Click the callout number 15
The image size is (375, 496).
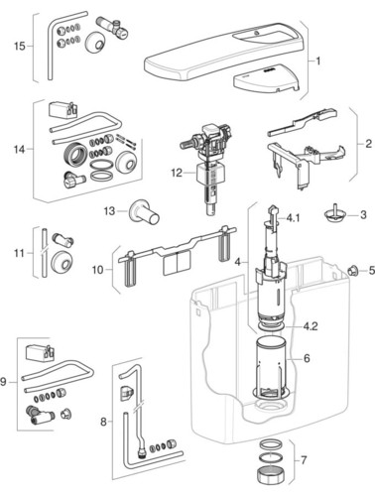point(20,46)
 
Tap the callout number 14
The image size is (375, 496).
point(19,150)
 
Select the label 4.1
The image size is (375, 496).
point(293,218)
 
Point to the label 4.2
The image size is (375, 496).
point(311,326)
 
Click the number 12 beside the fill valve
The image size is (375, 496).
point(177,173)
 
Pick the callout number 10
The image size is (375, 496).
point(97,270)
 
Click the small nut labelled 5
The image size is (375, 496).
point(353,271)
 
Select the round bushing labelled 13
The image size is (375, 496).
point(144,212)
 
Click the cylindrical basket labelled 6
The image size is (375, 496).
point(271,367)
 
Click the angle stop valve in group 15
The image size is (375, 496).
point(113,27)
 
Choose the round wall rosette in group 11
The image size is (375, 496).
point(62,265)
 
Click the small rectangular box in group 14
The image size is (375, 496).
point(62,110)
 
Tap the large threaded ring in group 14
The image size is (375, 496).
point(75,155)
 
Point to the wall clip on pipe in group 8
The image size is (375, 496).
point(127,394)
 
